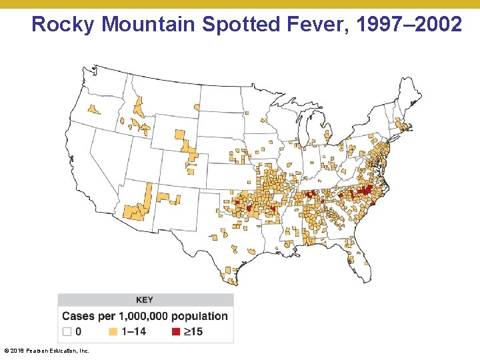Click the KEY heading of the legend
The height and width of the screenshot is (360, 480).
coord(145,300)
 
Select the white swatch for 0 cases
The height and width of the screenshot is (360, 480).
coord(67,331)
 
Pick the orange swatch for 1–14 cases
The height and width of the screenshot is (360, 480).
coord(113,331)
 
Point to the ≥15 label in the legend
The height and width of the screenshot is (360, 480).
coord(193,331)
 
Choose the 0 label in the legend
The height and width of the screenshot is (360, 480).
coord(79,331)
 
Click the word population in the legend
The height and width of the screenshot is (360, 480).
coord(199,316)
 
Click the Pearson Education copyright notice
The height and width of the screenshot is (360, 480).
coord(47,350)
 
